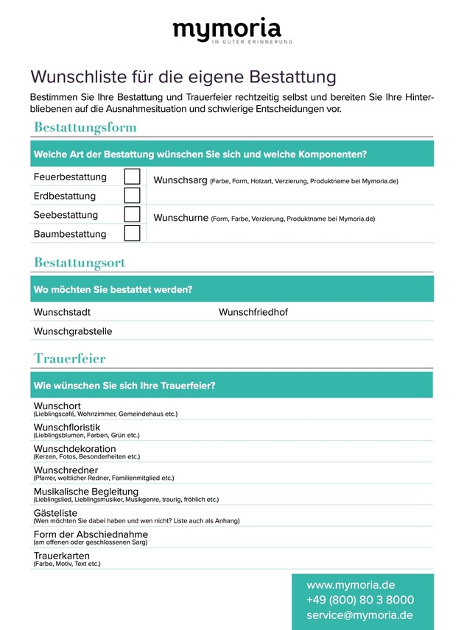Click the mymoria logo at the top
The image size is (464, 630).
227,30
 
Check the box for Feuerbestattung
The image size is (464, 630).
132,177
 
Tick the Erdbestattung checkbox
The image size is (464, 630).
132,196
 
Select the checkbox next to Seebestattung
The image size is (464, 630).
132,215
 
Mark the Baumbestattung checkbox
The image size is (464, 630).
132,234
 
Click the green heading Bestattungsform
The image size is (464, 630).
85,127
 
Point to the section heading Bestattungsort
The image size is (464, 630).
80,263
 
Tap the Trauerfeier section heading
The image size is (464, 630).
69,358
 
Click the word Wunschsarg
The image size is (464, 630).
180,180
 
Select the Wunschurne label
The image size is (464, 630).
180,218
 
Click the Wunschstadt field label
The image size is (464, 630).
62,312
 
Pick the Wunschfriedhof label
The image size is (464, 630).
253,312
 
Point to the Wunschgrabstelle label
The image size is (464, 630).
73,331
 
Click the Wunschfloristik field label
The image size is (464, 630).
67,427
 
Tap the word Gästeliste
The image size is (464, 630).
55,513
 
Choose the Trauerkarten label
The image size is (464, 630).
62,556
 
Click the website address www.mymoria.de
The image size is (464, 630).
351,585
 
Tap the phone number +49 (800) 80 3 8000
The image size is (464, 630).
360,600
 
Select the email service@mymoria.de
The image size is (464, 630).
359,615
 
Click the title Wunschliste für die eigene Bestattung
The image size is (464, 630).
183,77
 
